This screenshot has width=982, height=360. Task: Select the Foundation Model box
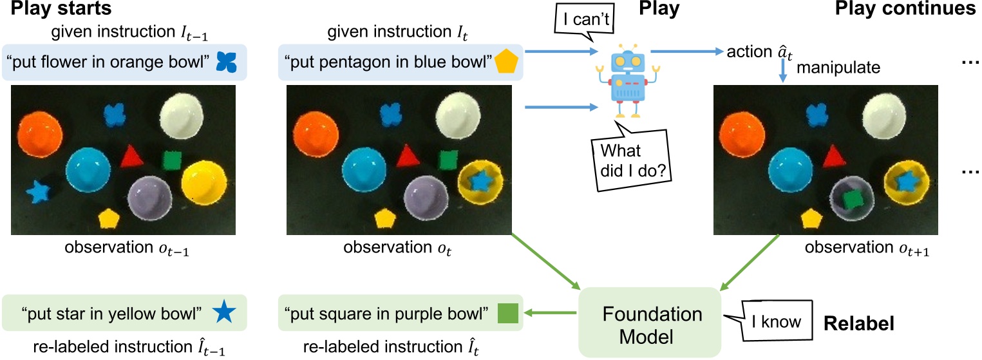(652, 322)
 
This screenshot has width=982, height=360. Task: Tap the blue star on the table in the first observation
(38, 191)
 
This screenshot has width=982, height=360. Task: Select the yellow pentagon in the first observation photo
(108, 218)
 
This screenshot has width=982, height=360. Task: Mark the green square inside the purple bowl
(851, 199)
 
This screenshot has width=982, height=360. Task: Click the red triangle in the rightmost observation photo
(831, 155)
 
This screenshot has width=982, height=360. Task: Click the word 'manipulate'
(829, 67)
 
